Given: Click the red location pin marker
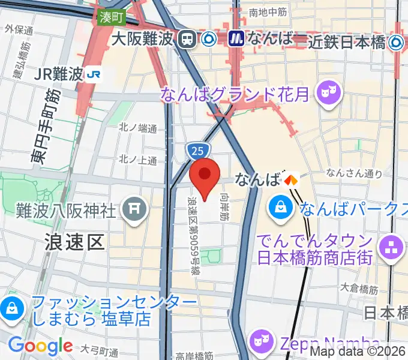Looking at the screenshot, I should click(205, 175).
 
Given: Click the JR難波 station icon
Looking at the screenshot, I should click(92, 74).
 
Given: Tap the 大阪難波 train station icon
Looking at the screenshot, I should click(188, 40).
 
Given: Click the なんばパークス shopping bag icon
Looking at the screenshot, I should click(280, 209).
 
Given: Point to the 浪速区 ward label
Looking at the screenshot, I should click(75, 242).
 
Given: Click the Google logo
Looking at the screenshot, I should click(41, 346).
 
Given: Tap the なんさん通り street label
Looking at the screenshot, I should click(354, 173).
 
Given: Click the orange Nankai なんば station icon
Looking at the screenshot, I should click(291, 179).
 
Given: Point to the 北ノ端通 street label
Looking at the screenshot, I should click(137, 127).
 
